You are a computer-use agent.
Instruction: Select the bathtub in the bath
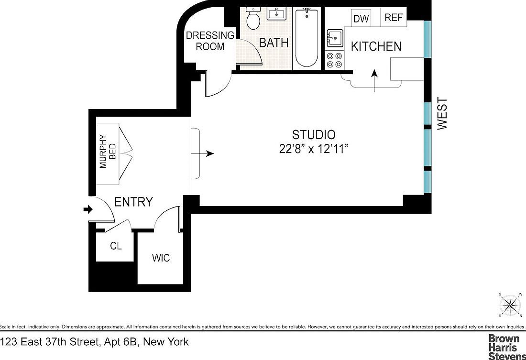307,38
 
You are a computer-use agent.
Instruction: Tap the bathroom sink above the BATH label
276,14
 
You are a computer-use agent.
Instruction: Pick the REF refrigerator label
394,18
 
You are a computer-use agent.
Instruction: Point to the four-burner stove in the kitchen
334,60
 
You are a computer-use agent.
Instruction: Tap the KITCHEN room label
376,46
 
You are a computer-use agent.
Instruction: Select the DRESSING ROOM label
210,41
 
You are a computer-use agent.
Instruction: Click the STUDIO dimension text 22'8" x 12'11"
314,149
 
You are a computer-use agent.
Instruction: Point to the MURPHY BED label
106,153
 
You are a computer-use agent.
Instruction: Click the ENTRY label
133,202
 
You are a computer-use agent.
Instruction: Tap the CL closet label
116,247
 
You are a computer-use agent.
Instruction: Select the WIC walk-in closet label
161,259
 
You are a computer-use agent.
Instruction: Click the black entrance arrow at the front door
87,209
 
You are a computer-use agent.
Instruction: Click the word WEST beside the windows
442,113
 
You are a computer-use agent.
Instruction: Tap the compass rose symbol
510,305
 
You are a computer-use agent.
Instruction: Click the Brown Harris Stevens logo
506,347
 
